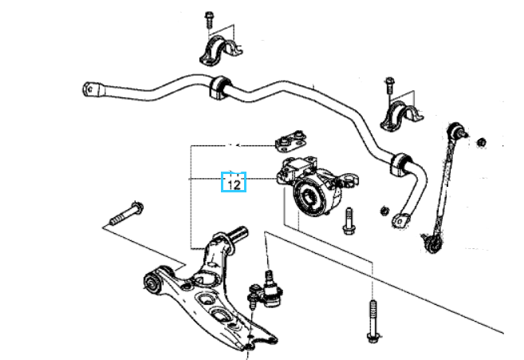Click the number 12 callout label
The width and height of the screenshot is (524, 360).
pos(234,184)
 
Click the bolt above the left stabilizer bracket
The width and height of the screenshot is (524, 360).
pos(209,20)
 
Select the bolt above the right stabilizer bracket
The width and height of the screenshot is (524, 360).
pos(389,85)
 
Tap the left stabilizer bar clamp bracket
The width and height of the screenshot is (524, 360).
pos(221,52)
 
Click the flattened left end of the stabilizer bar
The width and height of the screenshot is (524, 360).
pos(91,89)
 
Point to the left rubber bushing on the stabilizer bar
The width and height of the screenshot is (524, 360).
pos(220,87)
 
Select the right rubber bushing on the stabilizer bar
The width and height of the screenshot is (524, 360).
pos(400,164)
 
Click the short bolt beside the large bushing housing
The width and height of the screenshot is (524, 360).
pos(349,221)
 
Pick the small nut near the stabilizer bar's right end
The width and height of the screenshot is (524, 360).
pos(384,211)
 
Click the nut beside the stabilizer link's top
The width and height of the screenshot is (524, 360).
pos(481,142)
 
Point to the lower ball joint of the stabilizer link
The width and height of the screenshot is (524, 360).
pos(433,243)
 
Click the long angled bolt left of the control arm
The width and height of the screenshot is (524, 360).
pos(127,214)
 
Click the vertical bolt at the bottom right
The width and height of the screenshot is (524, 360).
pos(373,321)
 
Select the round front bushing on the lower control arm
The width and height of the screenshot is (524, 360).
pos(152,283)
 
